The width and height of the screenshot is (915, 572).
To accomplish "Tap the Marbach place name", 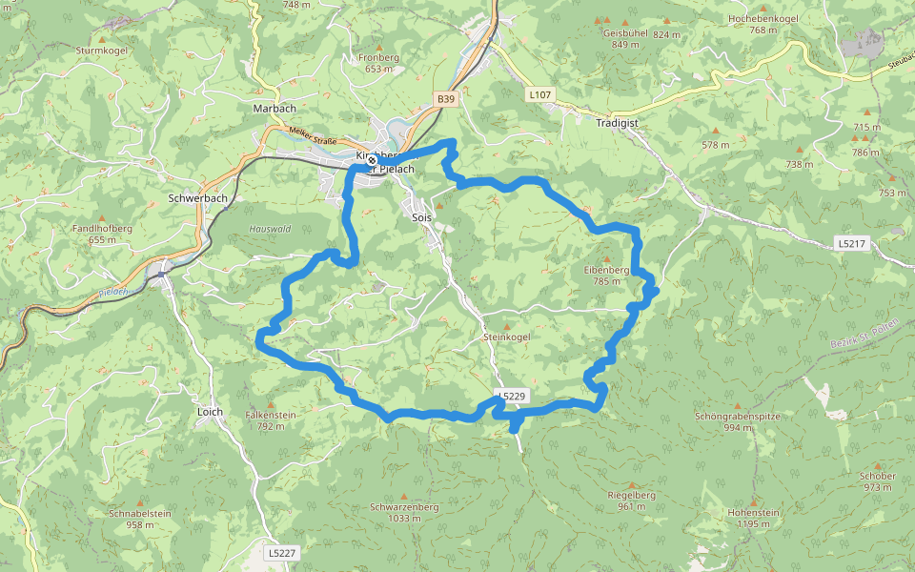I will point(274,109).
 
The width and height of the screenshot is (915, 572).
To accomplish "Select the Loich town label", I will point(210,412).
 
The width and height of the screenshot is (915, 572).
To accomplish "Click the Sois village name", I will point(421,217).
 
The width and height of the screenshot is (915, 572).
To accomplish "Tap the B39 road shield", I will point(445,98).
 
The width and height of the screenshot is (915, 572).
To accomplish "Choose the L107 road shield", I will point(539,94).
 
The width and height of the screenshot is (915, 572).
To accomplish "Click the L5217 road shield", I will point(851,243).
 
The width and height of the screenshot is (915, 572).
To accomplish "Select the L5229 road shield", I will point(511,396).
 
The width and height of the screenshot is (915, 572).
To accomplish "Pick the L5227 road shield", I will point(282,552).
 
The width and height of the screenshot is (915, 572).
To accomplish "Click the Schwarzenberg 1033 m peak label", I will point(404,512).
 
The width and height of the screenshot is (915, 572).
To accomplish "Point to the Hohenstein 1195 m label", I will point(753,517).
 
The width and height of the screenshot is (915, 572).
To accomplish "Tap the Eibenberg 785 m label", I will point(607,275).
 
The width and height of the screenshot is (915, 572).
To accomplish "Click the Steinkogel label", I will point(507,337).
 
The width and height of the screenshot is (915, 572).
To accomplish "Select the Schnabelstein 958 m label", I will point(140,518).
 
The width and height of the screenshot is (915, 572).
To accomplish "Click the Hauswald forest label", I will point(269,230).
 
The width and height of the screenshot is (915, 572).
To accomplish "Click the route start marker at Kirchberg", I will point(372,160).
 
